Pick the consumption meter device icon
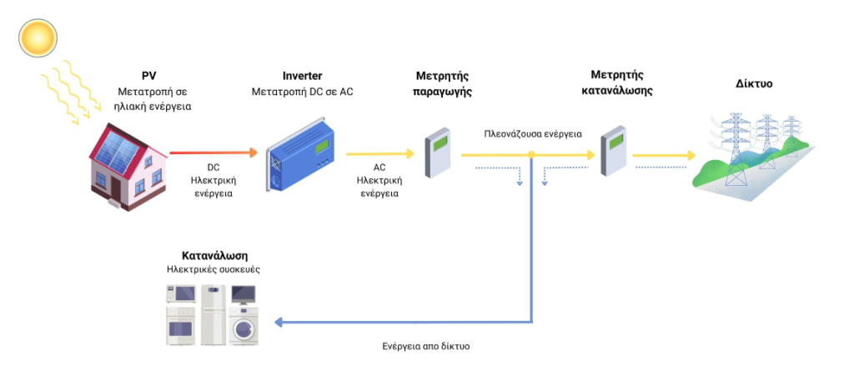point(614,151)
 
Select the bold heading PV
point(149,75)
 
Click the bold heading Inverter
point(302,75)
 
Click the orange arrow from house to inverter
point(213,153)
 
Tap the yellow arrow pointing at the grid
point(664,155)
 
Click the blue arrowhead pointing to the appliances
point(280,323)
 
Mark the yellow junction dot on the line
point(531,155)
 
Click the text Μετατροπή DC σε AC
point(302,91)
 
